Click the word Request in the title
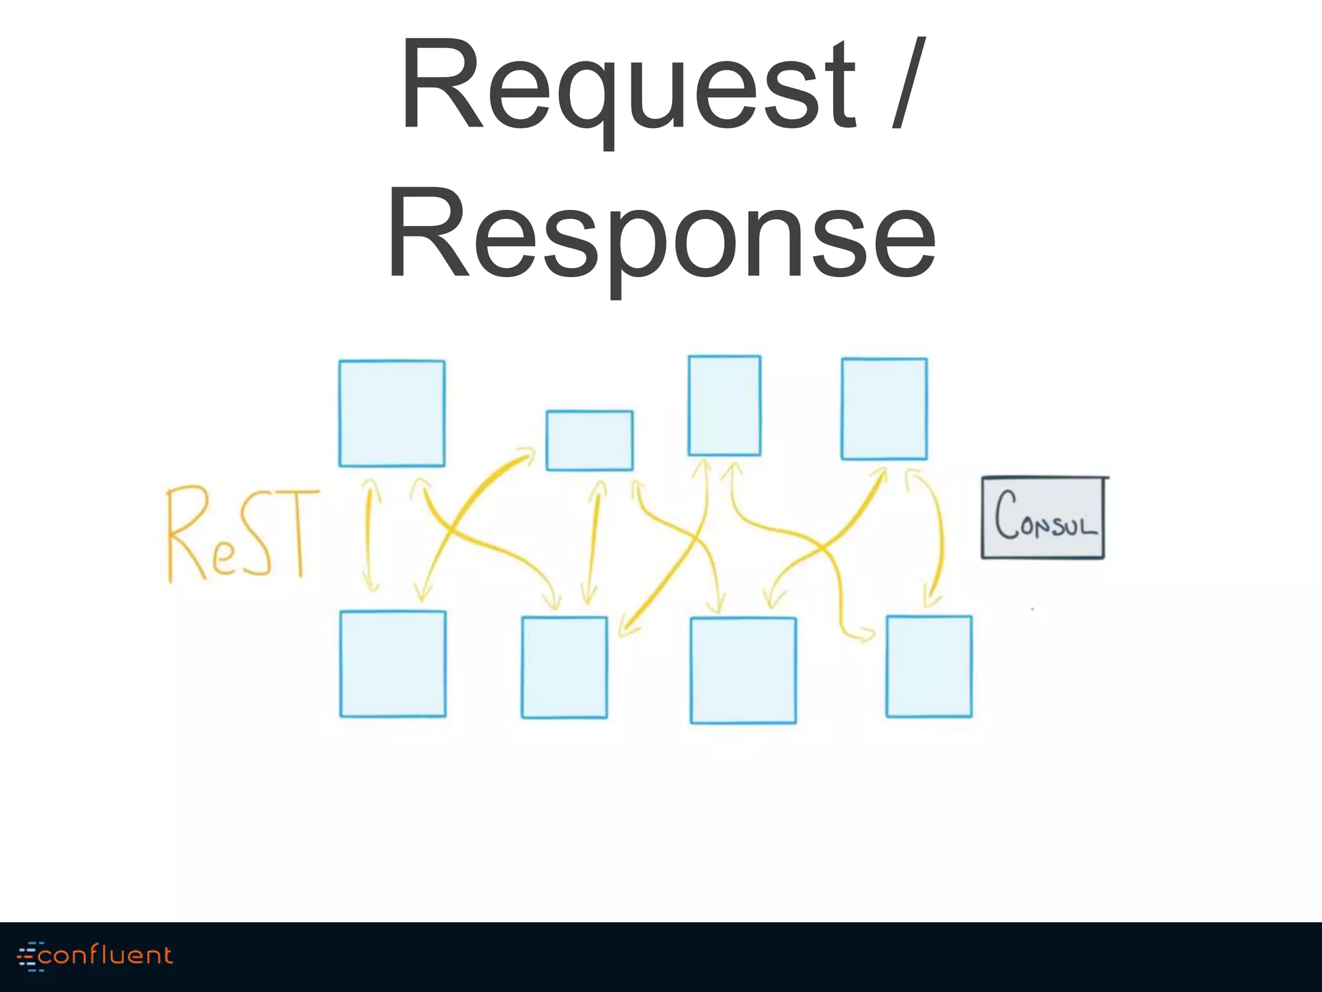click(626, 87)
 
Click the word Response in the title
click(660, 236)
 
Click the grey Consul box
click(1043, 517)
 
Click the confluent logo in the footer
click(96, 956)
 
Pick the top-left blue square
click(392, 413)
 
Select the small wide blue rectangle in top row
click(589, 440)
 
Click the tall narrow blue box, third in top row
click(724, 405)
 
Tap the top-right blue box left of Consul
click(884, 409)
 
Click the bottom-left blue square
click(392, 663)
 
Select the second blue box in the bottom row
click(564, 667)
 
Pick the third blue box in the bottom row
click(743, 670)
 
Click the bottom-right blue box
click(928, 666)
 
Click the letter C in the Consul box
click(1006, 515)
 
